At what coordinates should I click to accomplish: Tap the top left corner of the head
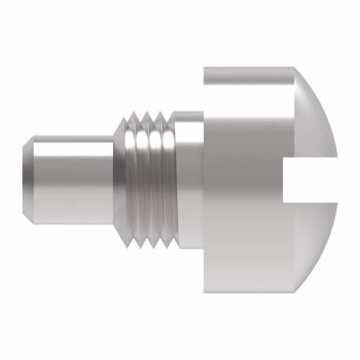point(205,68)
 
